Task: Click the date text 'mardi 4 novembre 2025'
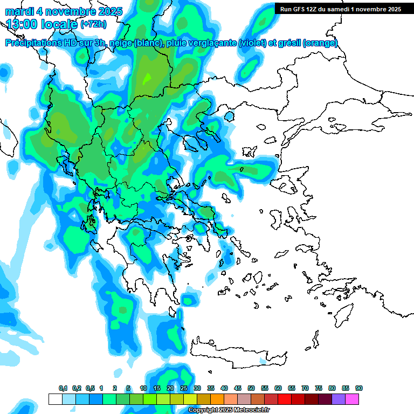tap(64, 11)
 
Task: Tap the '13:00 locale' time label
tap(41, 24)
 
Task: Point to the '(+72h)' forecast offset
tap(94, 24)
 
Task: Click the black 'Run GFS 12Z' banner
tap(341, 9)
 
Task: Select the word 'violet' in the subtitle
tap(252, 43)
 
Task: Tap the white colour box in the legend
tap(55, 399)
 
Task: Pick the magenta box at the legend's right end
tap(352, 399)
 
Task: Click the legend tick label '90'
tap(358, 388)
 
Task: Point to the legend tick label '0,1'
tap(63, 388)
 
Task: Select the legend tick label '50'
tap(251, 388)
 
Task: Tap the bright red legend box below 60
tap(285, 399)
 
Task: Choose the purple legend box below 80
tap(339, 399)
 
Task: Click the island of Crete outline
tap(237, 350)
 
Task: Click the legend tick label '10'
tap(143, 388)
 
